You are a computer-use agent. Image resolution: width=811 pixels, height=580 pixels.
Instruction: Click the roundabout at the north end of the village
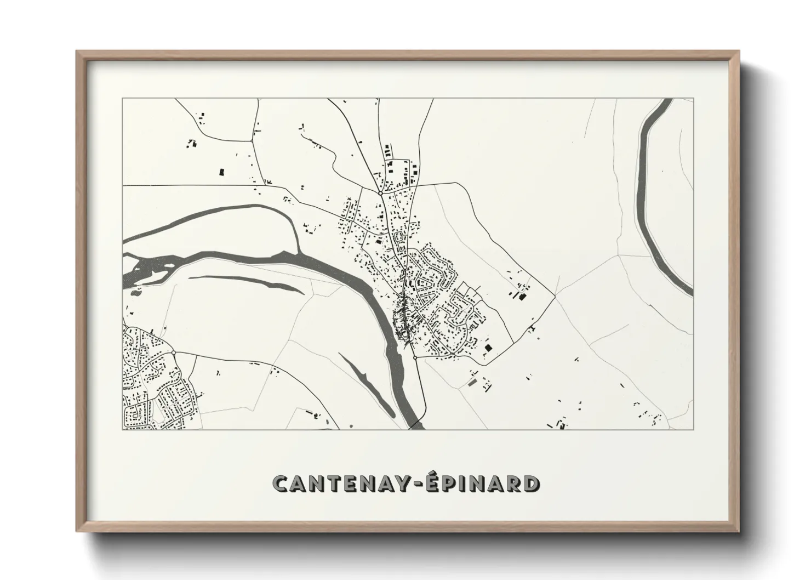(380, 193)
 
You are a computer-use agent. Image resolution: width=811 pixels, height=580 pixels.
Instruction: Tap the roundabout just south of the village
(415, 357)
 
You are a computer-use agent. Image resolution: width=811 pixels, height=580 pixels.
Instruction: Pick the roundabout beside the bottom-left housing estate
(173, 352)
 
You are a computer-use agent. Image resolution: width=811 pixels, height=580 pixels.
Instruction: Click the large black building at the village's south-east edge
(488, 348)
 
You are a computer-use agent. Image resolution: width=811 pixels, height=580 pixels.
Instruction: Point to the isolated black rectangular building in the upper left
(222, 172)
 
